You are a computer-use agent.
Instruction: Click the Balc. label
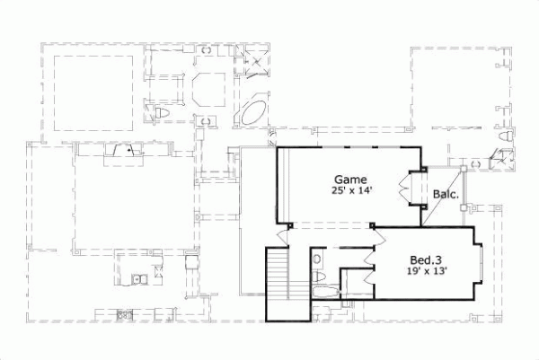pos(446,194)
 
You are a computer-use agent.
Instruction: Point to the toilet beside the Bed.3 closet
pos(316,259)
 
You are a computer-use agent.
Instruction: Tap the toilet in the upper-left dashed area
pos(162,112)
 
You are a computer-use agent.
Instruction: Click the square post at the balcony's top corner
pos(463,168)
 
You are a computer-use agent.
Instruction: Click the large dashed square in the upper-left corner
pos(94,92)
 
